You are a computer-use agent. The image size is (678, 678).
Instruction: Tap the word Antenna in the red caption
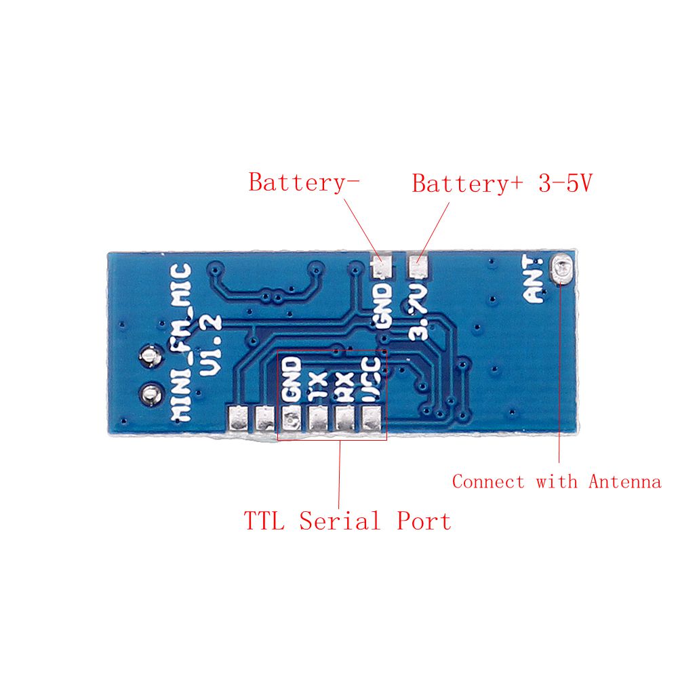click(624, 482)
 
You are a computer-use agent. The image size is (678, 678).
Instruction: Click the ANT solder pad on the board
click(563, 268)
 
